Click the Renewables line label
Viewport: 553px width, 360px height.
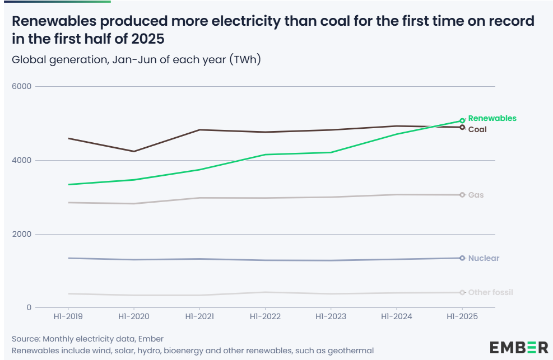click(x=492, y=118)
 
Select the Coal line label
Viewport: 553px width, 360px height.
click(x=477, y=129)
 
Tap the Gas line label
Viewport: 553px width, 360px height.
click(x=476, y=195)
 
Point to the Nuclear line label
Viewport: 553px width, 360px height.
click(x=484, y=258)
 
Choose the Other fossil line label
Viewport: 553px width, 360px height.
click(x=490, y=292)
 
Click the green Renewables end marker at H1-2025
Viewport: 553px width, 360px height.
click(x=462, y=120)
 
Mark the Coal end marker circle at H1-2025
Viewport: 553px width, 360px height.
click(x=462, y=127)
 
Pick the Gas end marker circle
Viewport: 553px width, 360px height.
click(x=462, y=195)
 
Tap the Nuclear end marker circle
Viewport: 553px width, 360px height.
click(x=462, y=258)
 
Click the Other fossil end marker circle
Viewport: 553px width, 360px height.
click(x=462, y=292)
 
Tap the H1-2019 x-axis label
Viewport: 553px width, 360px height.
click(x=68, y=316)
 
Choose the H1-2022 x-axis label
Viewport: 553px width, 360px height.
click(x=264, y=316)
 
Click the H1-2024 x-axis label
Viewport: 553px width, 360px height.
click(x=396, y=316)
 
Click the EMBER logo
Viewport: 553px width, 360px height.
click(x=519, y=347)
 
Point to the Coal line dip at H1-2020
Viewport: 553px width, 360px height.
click(x=133, y=151)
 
